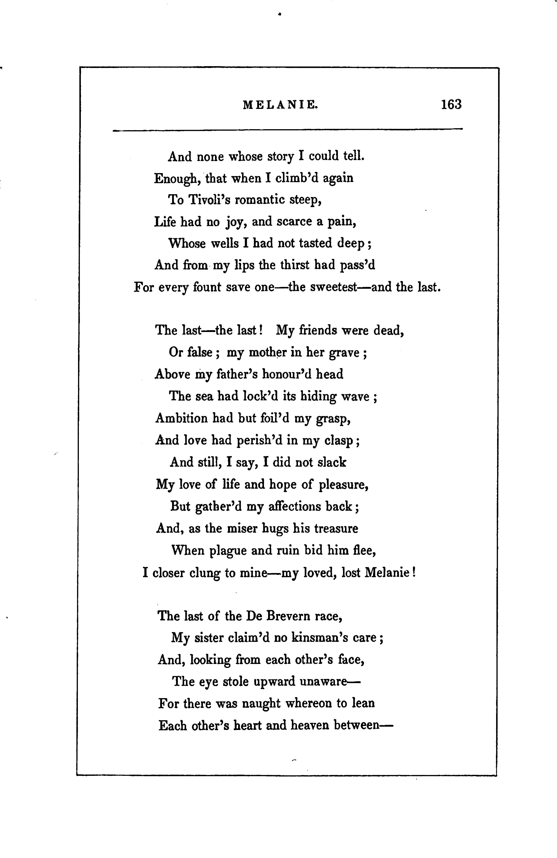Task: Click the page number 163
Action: [451, 105]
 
